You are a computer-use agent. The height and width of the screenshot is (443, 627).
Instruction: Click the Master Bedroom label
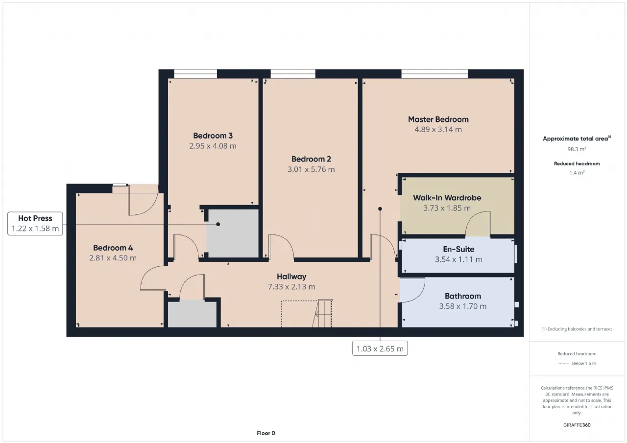tap(438, 119)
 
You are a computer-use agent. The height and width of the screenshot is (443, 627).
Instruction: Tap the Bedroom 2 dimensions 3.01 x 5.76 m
tap(311, 169)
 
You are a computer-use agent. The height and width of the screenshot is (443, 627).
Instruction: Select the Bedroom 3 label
tap(213, 136)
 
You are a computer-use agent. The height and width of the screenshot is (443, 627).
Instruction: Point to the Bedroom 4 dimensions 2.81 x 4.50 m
tap(113, 258)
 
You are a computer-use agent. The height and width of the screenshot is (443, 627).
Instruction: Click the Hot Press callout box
tap(35, 223)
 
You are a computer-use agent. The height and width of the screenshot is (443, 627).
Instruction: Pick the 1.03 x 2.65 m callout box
tap(380, 349)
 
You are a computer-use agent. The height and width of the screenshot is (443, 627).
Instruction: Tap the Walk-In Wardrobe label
tap(447, 198)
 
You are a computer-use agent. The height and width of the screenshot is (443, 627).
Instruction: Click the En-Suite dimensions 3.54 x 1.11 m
tap(458, 259)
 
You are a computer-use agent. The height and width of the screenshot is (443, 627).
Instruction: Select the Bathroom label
tap(463, 296)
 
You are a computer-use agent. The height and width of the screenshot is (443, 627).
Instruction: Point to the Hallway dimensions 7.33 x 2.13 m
tap(291, 287)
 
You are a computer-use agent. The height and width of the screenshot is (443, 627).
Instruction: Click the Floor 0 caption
tap(266, 433)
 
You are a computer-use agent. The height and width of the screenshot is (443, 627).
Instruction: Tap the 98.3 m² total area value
tap(577, 149)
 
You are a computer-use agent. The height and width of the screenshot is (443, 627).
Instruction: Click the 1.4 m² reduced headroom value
tap(577, 173)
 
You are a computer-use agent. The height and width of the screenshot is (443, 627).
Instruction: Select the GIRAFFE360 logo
tap(577, 425)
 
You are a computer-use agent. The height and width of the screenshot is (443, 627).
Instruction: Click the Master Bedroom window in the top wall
tap(434, 74)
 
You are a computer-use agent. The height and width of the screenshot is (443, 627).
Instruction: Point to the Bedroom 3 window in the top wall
tap(195, 74)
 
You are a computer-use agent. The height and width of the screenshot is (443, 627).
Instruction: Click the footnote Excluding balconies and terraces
tap(577, 329)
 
